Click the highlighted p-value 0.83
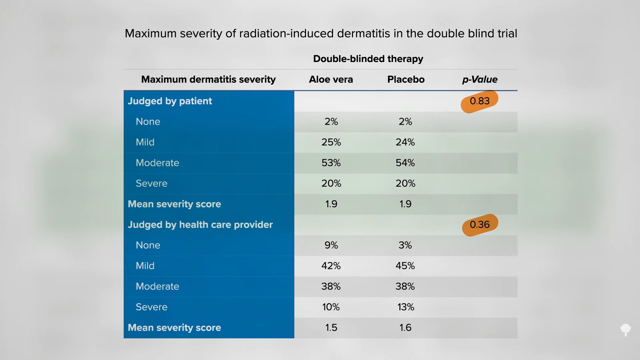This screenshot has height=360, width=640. [479, 101]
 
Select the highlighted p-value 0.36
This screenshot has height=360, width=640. [480, 225]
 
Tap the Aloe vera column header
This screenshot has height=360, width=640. [331, 79]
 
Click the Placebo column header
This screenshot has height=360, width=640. [406, 79]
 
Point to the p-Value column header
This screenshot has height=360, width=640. [480, 79]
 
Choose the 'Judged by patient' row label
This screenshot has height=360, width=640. [170, 101]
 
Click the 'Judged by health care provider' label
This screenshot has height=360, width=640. [200, 225]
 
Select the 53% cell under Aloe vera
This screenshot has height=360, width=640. [331, 163]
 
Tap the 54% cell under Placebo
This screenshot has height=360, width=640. [405, 163]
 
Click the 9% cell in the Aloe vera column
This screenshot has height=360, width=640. [331, 245]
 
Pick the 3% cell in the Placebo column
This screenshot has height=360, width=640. [405, 245]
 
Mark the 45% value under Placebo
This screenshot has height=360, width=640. [405, 266]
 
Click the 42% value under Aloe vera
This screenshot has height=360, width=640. [331, 266]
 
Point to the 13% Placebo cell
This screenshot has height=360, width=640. [406, 307]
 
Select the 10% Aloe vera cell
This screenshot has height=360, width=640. [331, 307]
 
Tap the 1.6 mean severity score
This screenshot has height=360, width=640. [405, 328]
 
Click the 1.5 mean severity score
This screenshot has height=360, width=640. [331, 328]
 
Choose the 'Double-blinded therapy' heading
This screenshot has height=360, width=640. [368, 59]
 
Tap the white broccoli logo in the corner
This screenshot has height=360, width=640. [626, 330]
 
